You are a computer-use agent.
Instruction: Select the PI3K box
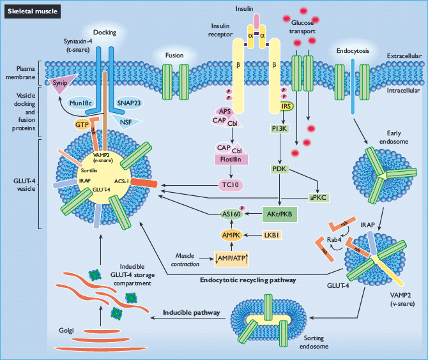(280, 130)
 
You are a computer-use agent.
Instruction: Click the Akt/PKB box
(279, 213)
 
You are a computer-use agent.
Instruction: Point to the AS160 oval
(231, 214)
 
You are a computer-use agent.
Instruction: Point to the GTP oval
(82, 124)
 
